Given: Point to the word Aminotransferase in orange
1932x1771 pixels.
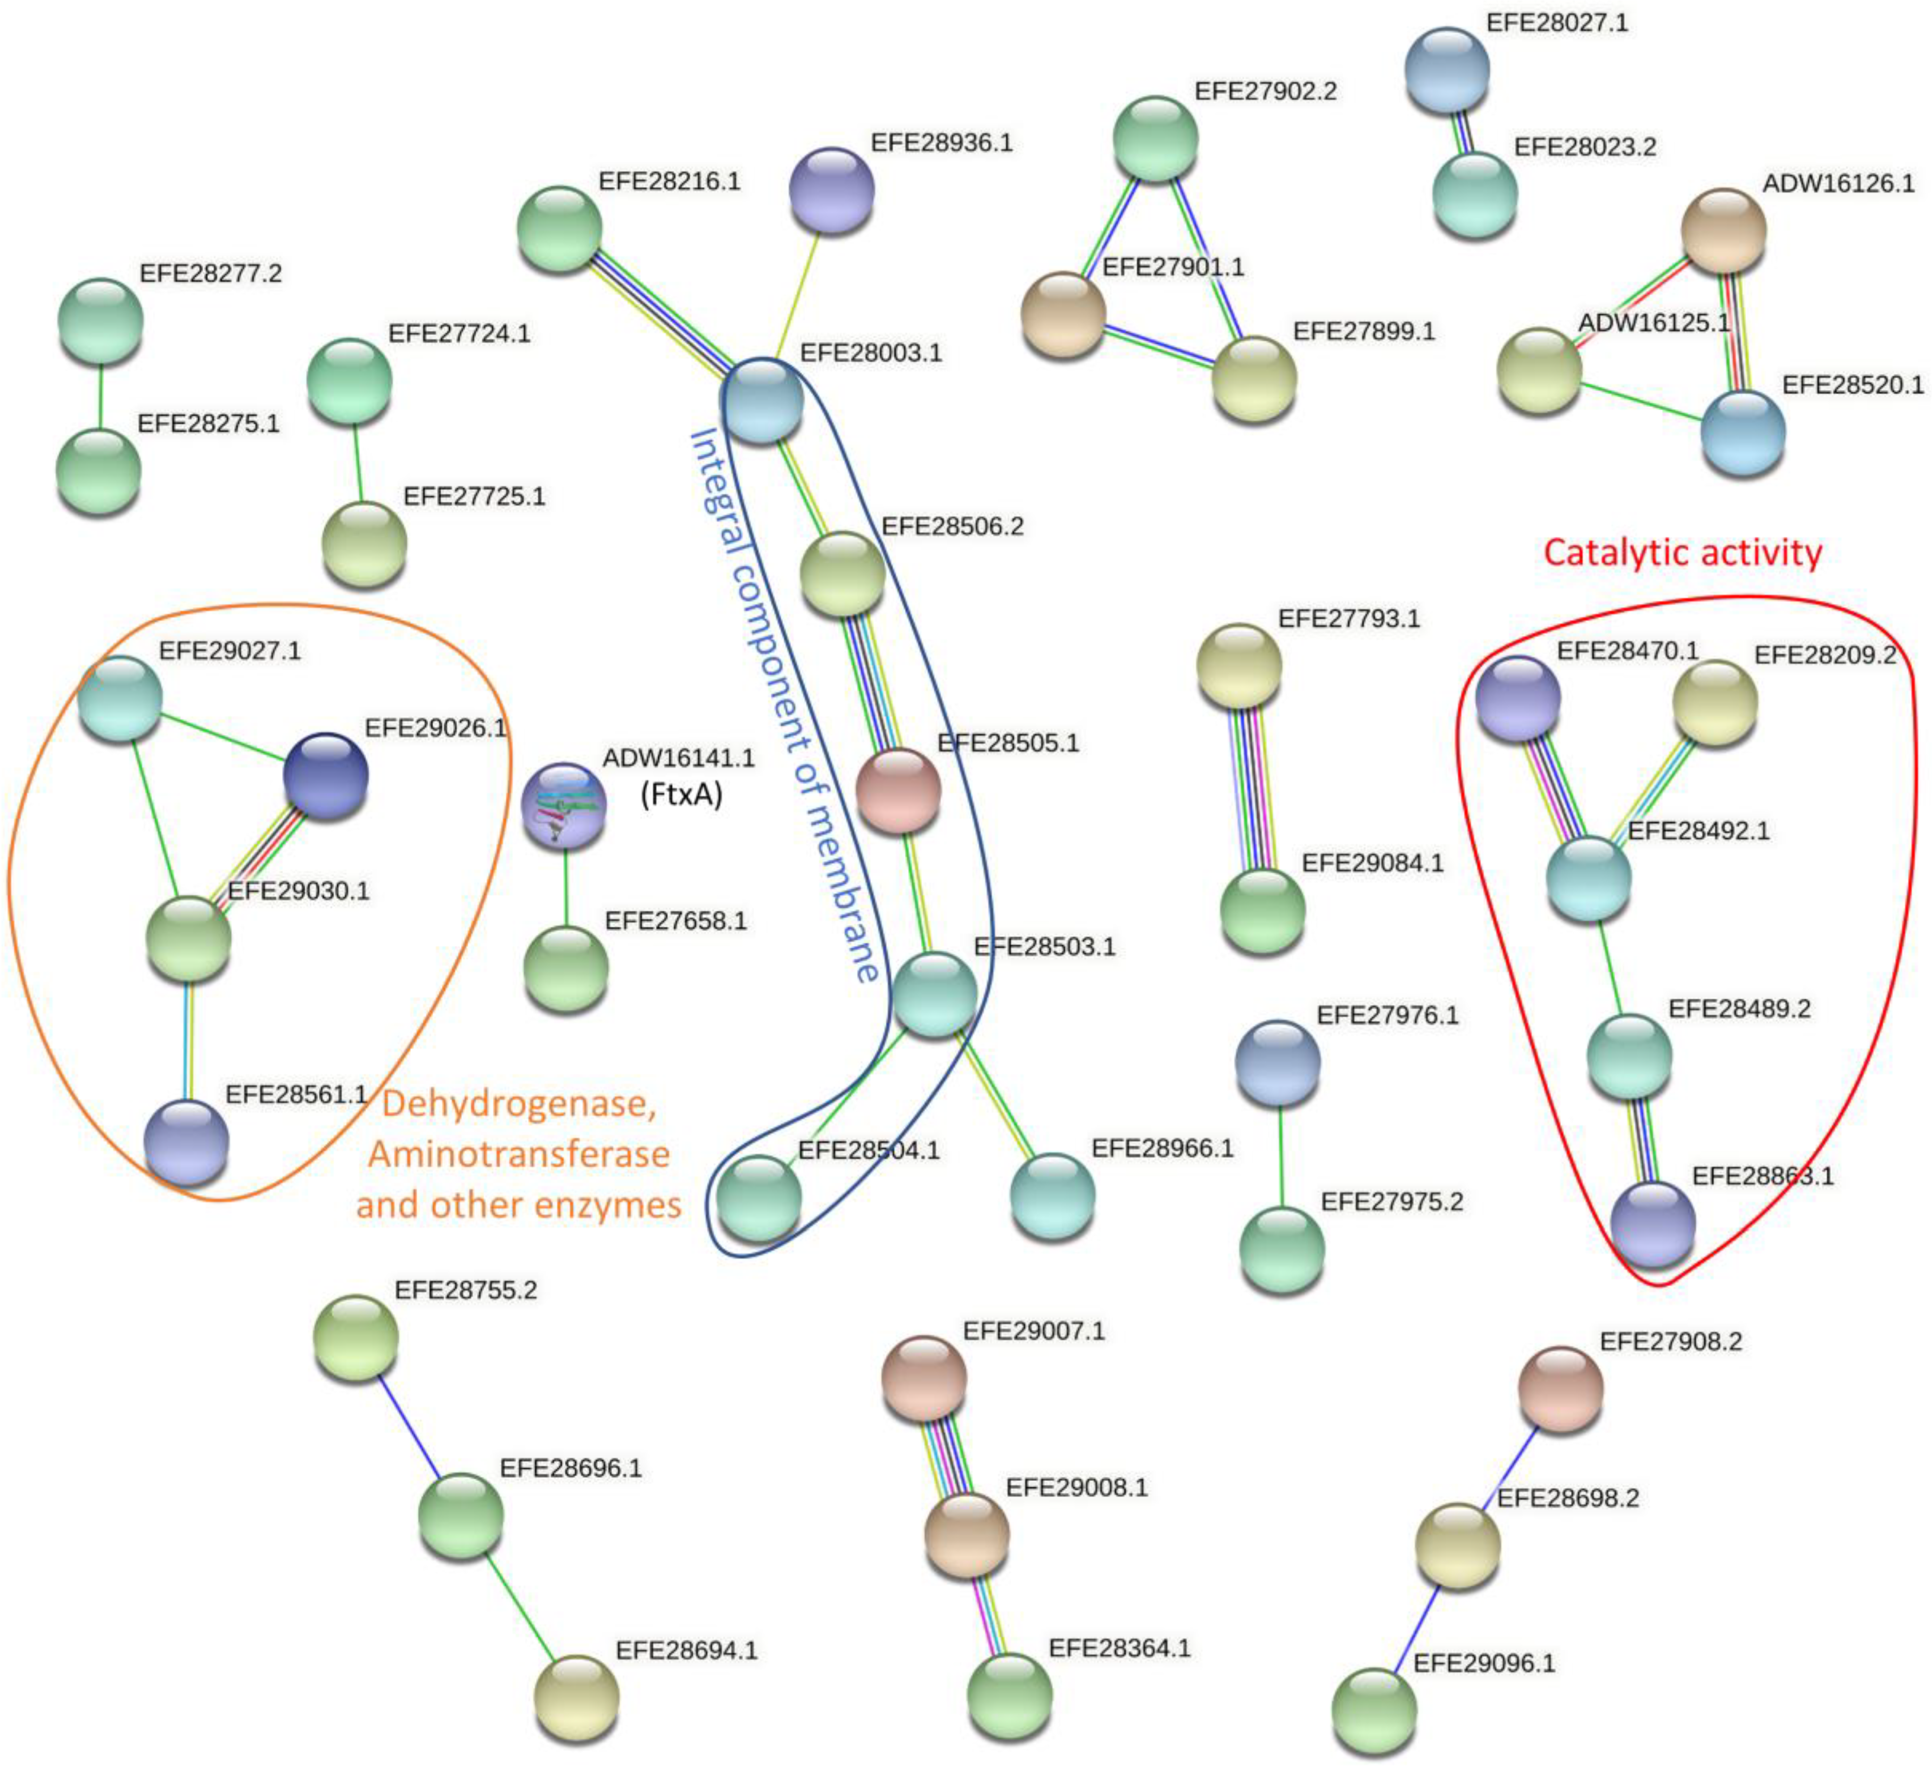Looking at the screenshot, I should click(519, 1154).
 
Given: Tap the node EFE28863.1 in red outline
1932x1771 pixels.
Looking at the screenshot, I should click(1652, 1224).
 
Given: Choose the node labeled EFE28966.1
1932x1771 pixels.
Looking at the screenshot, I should click(1052, 1195).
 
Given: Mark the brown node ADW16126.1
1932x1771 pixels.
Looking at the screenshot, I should click(1723, 230).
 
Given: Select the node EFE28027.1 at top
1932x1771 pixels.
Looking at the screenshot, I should click(1446, 69).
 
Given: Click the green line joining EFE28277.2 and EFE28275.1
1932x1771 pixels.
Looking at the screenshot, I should click(100, 396).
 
